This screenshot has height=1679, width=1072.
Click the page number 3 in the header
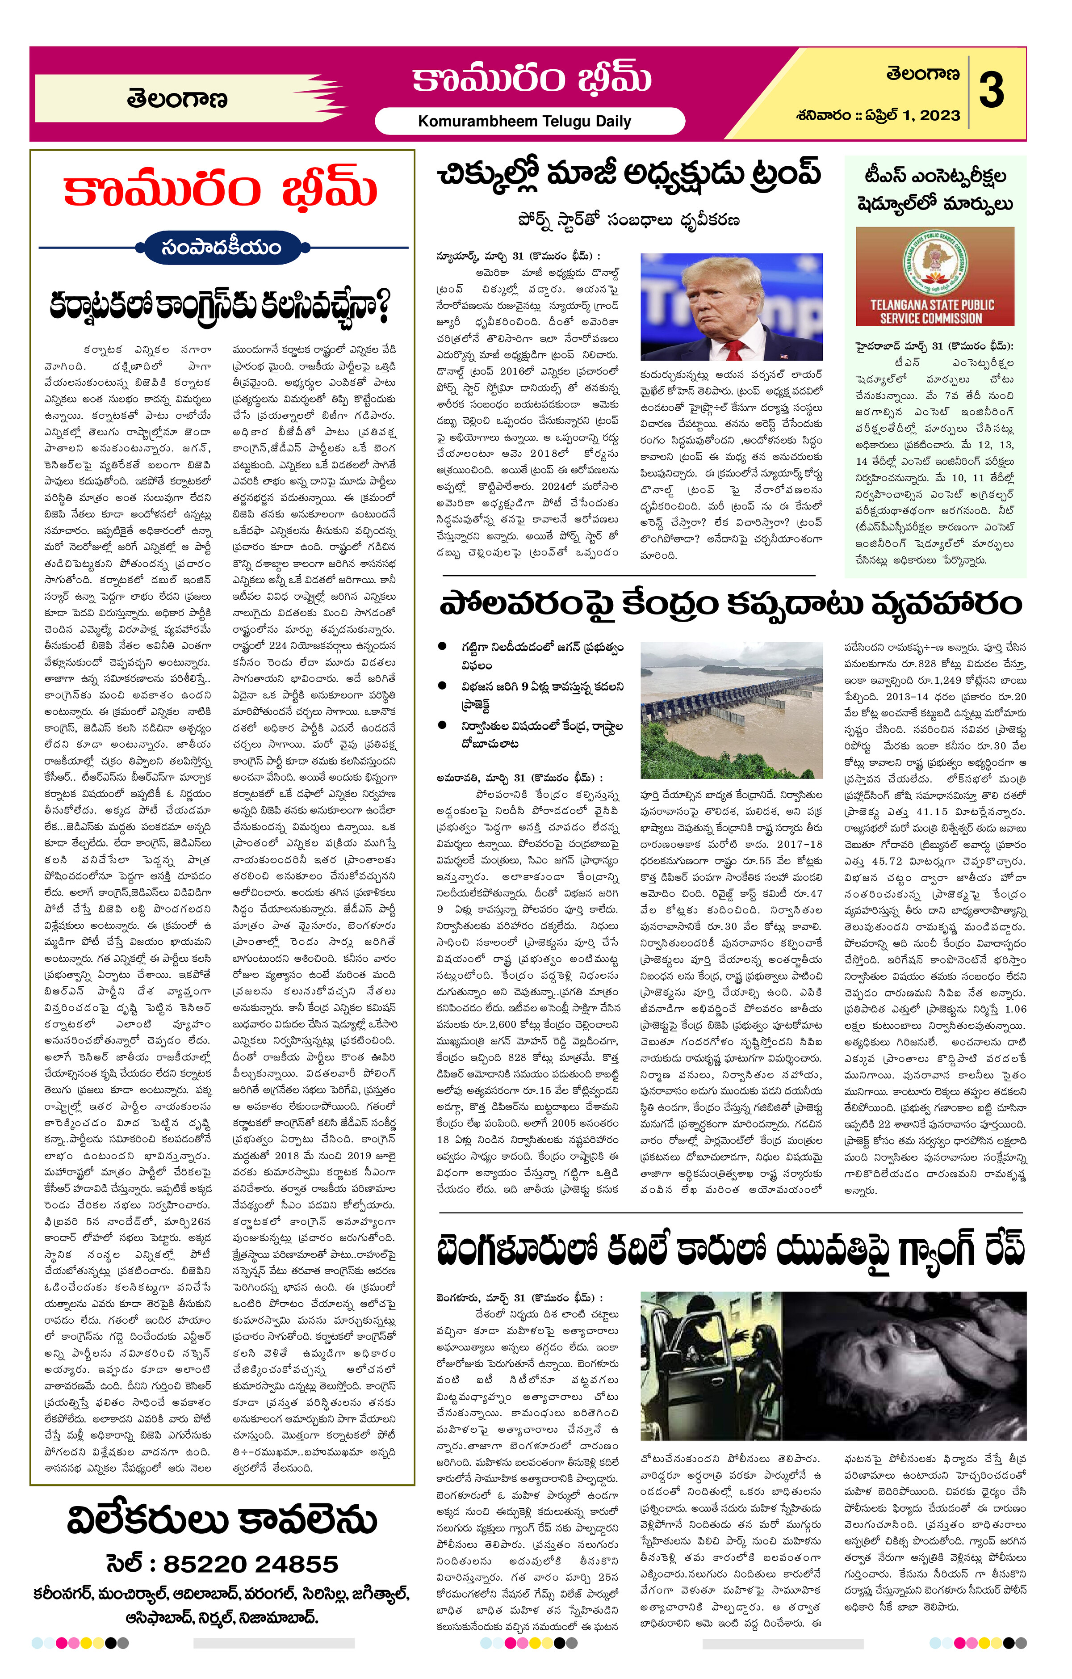(992, 91)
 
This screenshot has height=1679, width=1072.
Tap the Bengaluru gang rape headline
(730, 1249)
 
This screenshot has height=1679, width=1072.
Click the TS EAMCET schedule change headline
(935, 189)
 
